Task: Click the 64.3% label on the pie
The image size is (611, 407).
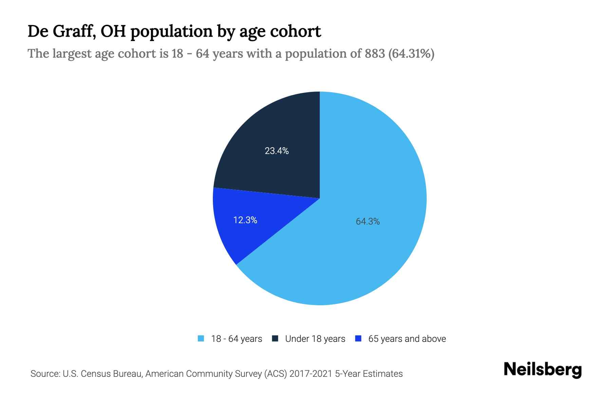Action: [x=368, y=221]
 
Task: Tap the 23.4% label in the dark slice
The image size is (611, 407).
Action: [x=277, y=151]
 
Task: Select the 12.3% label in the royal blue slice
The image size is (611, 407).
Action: [x=245, y=220]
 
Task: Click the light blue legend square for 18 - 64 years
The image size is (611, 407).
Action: [x=201, y=338]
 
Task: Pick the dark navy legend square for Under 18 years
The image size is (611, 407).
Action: [x=275, y=338]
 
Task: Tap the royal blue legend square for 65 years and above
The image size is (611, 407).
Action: [x=358, y=338]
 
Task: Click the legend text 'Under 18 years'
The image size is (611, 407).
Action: [x=315, y=339]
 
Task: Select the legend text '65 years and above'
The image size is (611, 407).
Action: [x=407, y=339]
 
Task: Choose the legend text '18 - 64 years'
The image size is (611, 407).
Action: [x=237, y=339]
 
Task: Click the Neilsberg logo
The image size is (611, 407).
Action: [x=542, y=370]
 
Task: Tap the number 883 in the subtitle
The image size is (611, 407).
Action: [x=375, y=54]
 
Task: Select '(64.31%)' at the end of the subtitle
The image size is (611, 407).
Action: [x=411, y=54]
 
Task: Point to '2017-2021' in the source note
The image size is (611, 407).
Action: [x=311, y=374]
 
